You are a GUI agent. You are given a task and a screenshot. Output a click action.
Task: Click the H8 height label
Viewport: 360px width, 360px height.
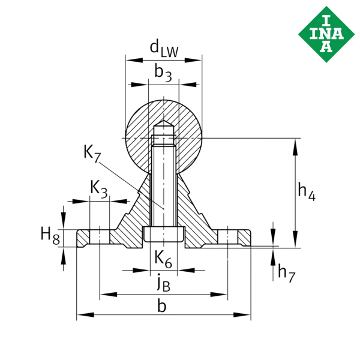point(50,236)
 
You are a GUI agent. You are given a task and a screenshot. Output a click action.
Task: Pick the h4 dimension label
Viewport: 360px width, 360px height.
point(307,191)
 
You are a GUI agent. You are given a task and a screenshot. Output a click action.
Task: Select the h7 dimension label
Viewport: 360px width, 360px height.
point(286,272)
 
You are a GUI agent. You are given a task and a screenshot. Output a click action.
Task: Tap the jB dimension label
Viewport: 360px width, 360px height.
point(163,282)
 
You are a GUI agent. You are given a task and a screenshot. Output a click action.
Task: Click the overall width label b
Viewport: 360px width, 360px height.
point(162,306)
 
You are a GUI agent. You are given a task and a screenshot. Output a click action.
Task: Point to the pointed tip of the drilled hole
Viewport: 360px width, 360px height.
point(163,125)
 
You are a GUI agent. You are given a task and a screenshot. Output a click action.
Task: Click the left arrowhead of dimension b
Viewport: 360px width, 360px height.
point(82,314)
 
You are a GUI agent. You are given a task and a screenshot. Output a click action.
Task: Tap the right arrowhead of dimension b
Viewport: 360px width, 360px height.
point(245,314)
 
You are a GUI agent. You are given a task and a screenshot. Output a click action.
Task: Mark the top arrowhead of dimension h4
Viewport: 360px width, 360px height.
point(295,143)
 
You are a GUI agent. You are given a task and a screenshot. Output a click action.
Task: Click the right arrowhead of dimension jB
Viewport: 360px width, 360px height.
point(223,294)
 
